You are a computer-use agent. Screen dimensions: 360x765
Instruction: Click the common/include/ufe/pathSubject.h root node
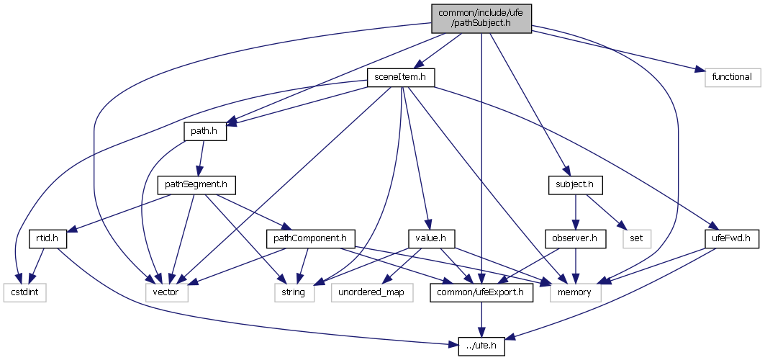pos(481,18)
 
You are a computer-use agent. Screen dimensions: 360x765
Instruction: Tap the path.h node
pos(204,132)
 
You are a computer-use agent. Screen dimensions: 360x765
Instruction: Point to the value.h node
pos(428,238)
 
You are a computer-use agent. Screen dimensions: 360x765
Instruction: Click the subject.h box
pos(574,185)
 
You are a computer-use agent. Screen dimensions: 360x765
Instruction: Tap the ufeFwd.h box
pos(730,238)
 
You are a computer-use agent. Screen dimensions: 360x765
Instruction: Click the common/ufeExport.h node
pos(481,292)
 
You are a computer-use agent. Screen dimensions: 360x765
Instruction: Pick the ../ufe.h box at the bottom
pos(481,346)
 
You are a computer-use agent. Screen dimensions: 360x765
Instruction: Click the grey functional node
pos(728,76)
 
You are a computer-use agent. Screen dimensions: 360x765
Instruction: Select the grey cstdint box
pos(22,292)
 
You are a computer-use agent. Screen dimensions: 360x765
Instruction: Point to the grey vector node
pos(166,292)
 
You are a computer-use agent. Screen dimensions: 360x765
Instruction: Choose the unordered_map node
pos(373,292)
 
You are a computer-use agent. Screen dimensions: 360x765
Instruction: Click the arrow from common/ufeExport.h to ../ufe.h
pos(481,319)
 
